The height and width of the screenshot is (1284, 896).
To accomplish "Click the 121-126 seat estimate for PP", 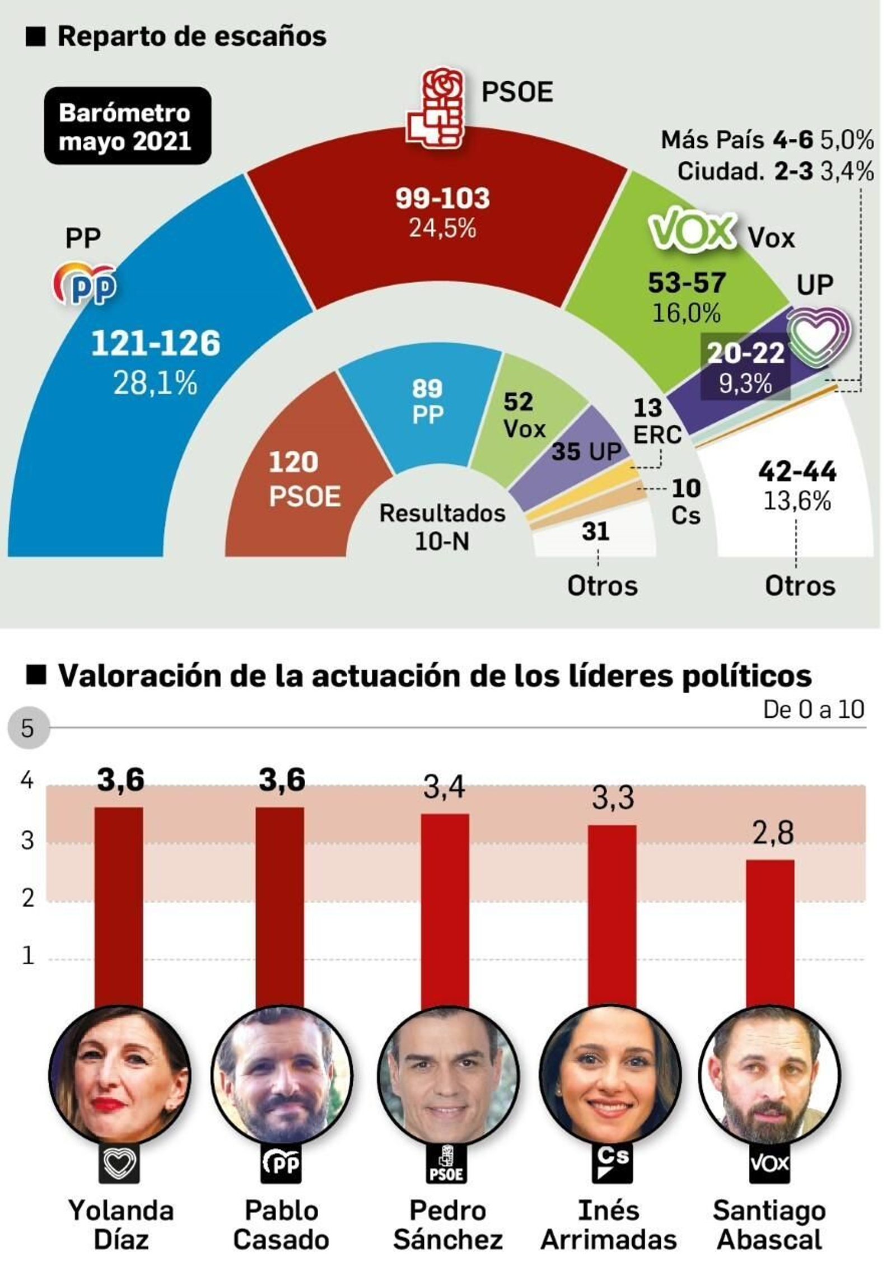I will [156, 343].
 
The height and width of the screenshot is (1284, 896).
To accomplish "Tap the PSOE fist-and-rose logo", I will [436, 109].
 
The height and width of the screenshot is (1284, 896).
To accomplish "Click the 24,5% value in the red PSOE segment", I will [442, 228].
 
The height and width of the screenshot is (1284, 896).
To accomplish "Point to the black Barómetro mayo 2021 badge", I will [127, 127].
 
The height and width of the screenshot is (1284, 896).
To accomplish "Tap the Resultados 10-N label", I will [442, 527].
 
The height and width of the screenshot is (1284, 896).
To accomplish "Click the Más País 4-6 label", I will [737, 140].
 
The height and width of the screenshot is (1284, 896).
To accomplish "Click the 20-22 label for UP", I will [745, 353].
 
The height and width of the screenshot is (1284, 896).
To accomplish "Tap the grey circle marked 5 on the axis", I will [28, 729].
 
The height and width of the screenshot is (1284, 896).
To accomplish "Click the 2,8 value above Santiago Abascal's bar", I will [773, 833].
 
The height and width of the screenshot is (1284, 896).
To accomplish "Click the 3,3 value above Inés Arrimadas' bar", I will [613, 798].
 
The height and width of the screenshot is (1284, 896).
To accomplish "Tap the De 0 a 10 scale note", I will [813, 710].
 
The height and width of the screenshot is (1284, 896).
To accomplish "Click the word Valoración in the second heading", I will [140, 676].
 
